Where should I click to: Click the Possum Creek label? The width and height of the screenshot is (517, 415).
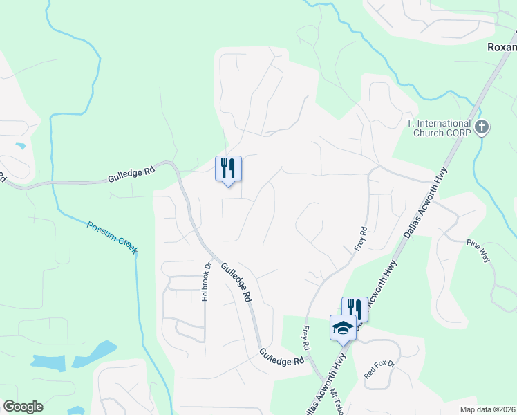[112, 237]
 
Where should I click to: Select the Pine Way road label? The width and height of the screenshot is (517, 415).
[478, 250]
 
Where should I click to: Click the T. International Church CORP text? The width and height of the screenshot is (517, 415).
[438, 128]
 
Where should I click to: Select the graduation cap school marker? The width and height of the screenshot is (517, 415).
[342, 327]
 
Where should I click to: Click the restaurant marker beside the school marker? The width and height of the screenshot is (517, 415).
[355, 308]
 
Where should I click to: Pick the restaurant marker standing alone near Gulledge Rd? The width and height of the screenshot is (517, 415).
[228, 169]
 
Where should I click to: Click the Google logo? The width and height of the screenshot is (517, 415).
[23, 407]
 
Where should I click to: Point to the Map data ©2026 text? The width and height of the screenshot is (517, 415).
[487, 409]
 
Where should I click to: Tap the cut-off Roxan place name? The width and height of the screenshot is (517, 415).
[501, 47]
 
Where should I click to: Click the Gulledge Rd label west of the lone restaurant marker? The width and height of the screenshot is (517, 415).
[131, 172]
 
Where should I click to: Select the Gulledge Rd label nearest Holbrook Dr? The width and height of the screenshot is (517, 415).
[236, 281]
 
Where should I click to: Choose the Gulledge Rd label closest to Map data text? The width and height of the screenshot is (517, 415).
[282, 358]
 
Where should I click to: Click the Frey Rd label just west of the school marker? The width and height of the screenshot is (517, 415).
[305, 337]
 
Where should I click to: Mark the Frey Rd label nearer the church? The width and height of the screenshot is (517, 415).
[360, 240]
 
